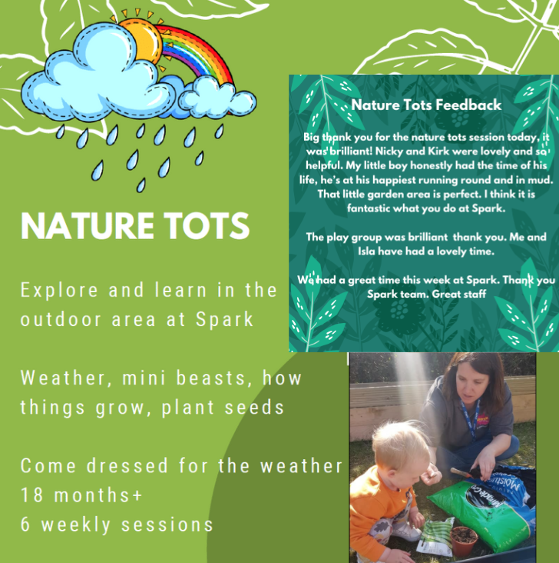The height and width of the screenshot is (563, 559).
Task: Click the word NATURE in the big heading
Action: pos(88,226)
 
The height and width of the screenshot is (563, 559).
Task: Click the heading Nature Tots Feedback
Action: pos(426,105)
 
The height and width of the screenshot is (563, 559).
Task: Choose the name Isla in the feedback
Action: pos(366,251)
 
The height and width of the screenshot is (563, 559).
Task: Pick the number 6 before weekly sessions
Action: pos(25,525)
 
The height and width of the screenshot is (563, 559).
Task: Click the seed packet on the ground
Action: pos(435,536)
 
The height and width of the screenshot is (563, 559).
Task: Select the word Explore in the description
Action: pos(59,291)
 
